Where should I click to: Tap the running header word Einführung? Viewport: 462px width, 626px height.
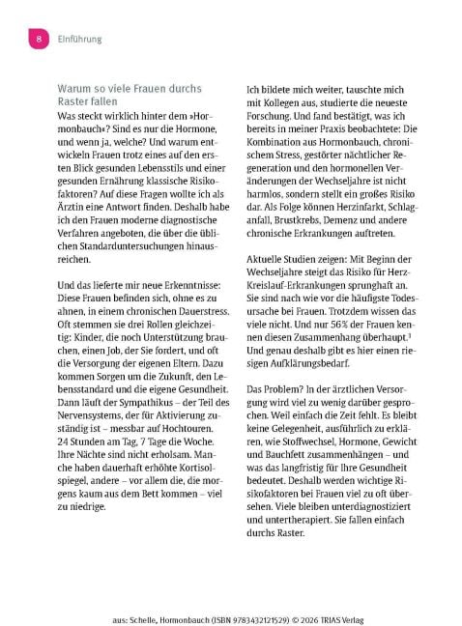coord(77,39)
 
